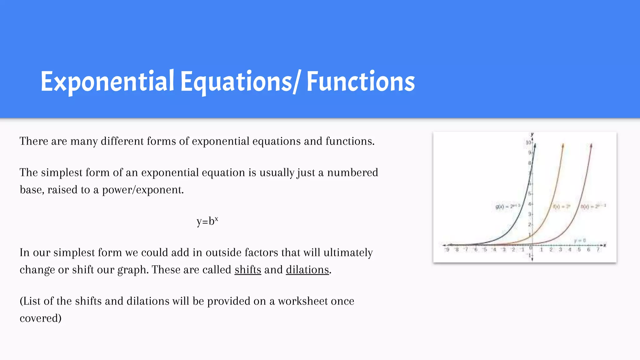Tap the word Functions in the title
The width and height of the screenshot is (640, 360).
[361, 82]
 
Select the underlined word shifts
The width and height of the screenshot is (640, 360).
[248, 270]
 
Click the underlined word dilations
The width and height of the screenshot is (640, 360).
[307, 270]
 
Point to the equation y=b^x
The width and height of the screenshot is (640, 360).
[207, 221]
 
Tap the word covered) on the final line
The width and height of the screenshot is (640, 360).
[41, 318]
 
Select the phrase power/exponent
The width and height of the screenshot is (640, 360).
[143, 190]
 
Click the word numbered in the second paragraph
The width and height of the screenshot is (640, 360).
[352, 172]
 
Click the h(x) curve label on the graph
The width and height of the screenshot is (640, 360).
[593, 206]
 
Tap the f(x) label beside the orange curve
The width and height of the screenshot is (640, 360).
[562, 207]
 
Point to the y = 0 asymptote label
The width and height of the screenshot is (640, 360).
[580, 240]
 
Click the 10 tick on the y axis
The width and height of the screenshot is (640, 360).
[528, 142]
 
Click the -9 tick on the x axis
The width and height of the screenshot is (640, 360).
[447, 250]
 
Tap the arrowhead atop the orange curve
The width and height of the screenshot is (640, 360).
[563, 145]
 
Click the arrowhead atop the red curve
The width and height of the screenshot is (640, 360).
[591, 145]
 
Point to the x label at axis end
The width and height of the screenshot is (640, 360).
[605, 245]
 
